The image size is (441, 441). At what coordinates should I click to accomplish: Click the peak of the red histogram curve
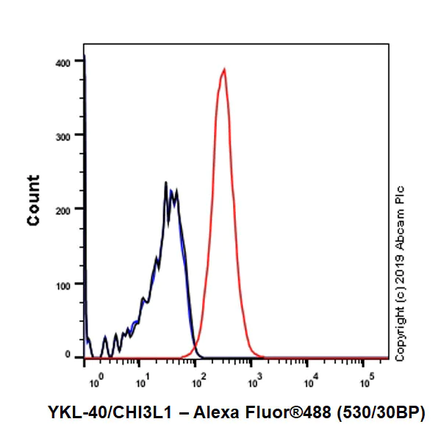[224, 69]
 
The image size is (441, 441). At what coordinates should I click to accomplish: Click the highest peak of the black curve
[166, 182]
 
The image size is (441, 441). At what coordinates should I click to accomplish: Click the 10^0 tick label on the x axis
[96, 380]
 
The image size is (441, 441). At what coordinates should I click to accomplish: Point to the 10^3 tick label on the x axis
[254, 380]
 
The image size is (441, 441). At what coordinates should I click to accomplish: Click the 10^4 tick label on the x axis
[310, 380]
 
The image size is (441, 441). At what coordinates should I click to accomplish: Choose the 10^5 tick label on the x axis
[365, 380]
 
